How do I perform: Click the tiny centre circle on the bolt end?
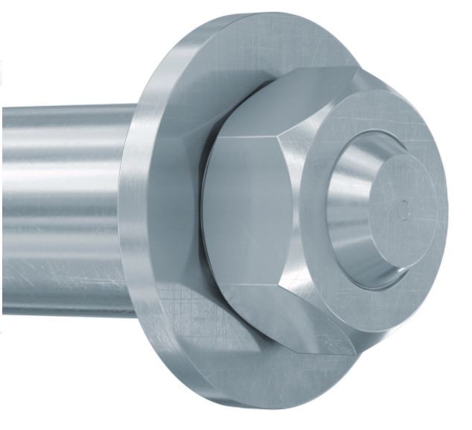coord(404,207)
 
